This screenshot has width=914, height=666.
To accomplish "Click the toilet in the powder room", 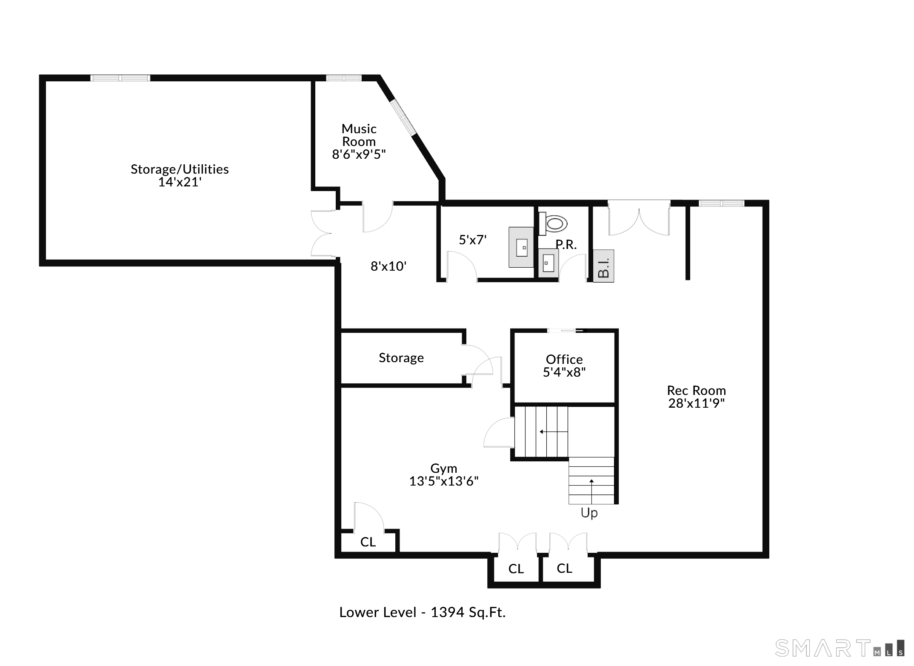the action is coord(553,223).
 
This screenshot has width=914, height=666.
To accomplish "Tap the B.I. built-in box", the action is coord(603,266).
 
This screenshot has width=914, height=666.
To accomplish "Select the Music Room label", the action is coord(359,135).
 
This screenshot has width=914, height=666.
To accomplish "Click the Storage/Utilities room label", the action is coord(180,169).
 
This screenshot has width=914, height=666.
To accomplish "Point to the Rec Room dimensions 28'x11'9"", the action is coord(697,403).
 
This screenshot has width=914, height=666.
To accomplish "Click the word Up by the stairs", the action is coord(589,513).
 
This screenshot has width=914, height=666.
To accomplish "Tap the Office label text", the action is coord(564,360).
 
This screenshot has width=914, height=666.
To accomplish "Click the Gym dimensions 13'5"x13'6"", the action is coord(444,481).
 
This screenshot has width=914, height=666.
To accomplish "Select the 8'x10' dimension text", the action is coord(388,266).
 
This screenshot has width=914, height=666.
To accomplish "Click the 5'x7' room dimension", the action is coord(472,240).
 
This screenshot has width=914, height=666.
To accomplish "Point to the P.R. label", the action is coord(566,245).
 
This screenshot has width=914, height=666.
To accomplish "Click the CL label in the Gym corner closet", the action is coord(368,542).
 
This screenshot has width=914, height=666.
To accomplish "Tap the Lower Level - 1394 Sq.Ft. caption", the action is coord(422,612).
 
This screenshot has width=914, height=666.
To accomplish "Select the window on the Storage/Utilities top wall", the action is coord(120,78).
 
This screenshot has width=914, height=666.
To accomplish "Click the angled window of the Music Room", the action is coord(403,117).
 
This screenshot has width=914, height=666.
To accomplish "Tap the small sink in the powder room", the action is coord(548,263).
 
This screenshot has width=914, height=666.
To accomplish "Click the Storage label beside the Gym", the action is coord(401,358).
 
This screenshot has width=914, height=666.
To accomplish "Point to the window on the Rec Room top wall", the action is coord(722,203).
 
